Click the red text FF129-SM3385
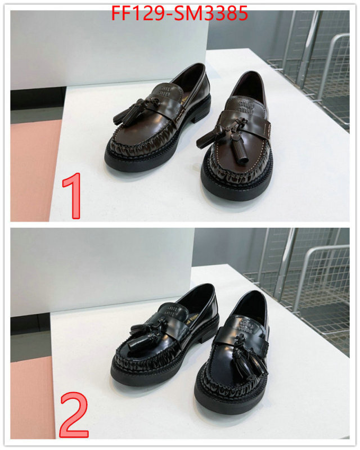[x=179, y=13]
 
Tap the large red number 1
[x=73, y=196]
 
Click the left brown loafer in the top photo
[x=157, y=121]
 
